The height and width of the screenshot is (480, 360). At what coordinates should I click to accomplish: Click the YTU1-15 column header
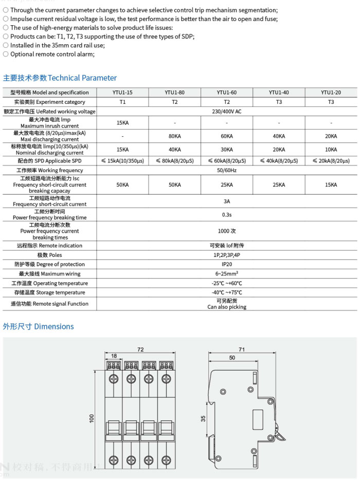click(x=122, y=93)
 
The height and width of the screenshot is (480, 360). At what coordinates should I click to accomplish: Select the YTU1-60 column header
click(x=227, y=93)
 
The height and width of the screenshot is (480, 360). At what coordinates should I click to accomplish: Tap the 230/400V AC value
click(x=227, y=112)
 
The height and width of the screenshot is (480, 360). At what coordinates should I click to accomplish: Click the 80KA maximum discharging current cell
click(x=175, y=136)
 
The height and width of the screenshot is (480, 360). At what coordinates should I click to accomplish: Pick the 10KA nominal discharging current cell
click(x=331, y=150)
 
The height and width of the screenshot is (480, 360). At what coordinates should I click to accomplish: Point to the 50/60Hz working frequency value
click(x=227, y=170)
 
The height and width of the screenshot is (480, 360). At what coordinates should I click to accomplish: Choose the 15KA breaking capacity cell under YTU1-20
click(x=331, y=184)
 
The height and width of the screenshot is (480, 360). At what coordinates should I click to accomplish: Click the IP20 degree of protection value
click(x=227, y=264)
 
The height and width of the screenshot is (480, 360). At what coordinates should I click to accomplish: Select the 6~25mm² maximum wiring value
click(x=227, y=274)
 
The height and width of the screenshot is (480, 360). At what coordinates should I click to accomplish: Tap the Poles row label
click(x=49, y=255)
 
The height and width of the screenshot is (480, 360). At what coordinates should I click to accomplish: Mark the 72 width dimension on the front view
click(x=140, y=349)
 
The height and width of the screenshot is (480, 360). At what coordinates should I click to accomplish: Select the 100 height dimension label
click(x=92, y=419)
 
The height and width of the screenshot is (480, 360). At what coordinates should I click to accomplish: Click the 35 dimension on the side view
click(x=204, y=419)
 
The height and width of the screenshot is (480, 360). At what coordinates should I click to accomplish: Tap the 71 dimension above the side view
click(x=242, y=349)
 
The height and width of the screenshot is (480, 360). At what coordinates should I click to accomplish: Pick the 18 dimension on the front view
click(x=114, y=356)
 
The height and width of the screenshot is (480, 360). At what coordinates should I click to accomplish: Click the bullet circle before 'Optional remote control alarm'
click(x=6, y=54)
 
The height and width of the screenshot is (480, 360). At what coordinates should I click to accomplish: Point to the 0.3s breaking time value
click(x=227, y=214)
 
